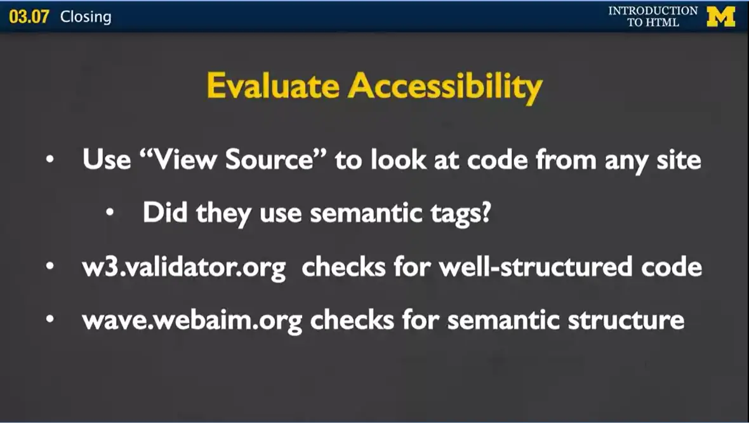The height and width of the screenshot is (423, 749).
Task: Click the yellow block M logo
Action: [720, 17]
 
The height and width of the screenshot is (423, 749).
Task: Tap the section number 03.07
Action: [29, 17]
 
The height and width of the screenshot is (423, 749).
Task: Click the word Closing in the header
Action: [86, 17]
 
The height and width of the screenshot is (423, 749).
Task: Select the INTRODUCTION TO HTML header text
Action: [653, 17]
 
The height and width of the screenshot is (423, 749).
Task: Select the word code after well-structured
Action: [670, 267]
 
